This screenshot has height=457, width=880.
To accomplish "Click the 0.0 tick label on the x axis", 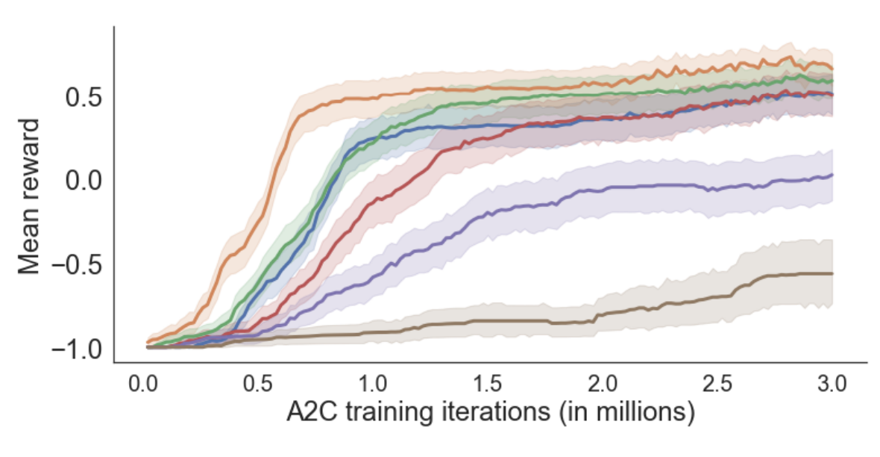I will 142,385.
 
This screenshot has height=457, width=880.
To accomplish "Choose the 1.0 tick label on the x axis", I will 373,385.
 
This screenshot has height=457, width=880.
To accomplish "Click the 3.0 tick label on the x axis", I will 832,385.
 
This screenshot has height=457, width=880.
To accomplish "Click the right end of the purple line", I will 832,175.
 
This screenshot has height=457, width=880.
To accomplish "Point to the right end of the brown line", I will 832,274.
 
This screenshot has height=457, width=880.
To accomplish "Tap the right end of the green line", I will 832,81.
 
